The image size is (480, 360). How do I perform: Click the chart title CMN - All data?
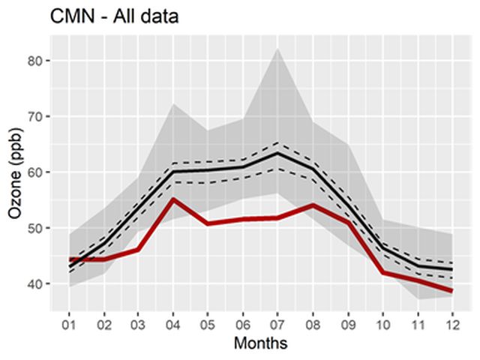click(114, 15)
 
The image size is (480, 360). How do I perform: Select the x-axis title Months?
click(261, 343)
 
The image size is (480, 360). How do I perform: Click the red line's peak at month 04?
click(173, 199)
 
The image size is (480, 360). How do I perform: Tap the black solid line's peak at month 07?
click(277, 153)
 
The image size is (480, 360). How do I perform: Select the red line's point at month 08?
click(313, 205)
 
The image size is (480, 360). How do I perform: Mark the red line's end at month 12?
click(452, 291)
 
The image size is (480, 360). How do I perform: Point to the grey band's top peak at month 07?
click(277, 49)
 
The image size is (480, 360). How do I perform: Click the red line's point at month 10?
click(382, 272)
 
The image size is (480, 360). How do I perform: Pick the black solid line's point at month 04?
click(173, 172)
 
